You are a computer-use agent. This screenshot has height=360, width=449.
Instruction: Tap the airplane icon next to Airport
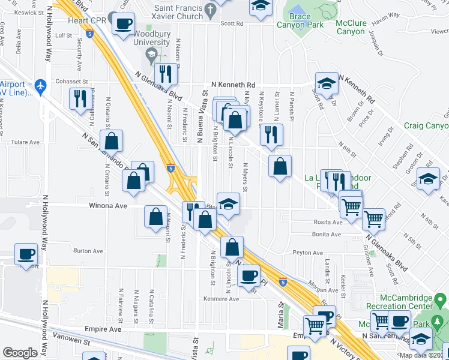point(40,86)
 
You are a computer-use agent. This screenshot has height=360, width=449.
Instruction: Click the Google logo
point(20,353)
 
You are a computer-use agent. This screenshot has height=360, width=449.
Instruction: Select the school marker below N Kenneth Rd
point(327,83)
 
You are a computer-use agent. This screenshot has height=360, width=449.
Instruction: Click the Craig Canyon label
point(426,125)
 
